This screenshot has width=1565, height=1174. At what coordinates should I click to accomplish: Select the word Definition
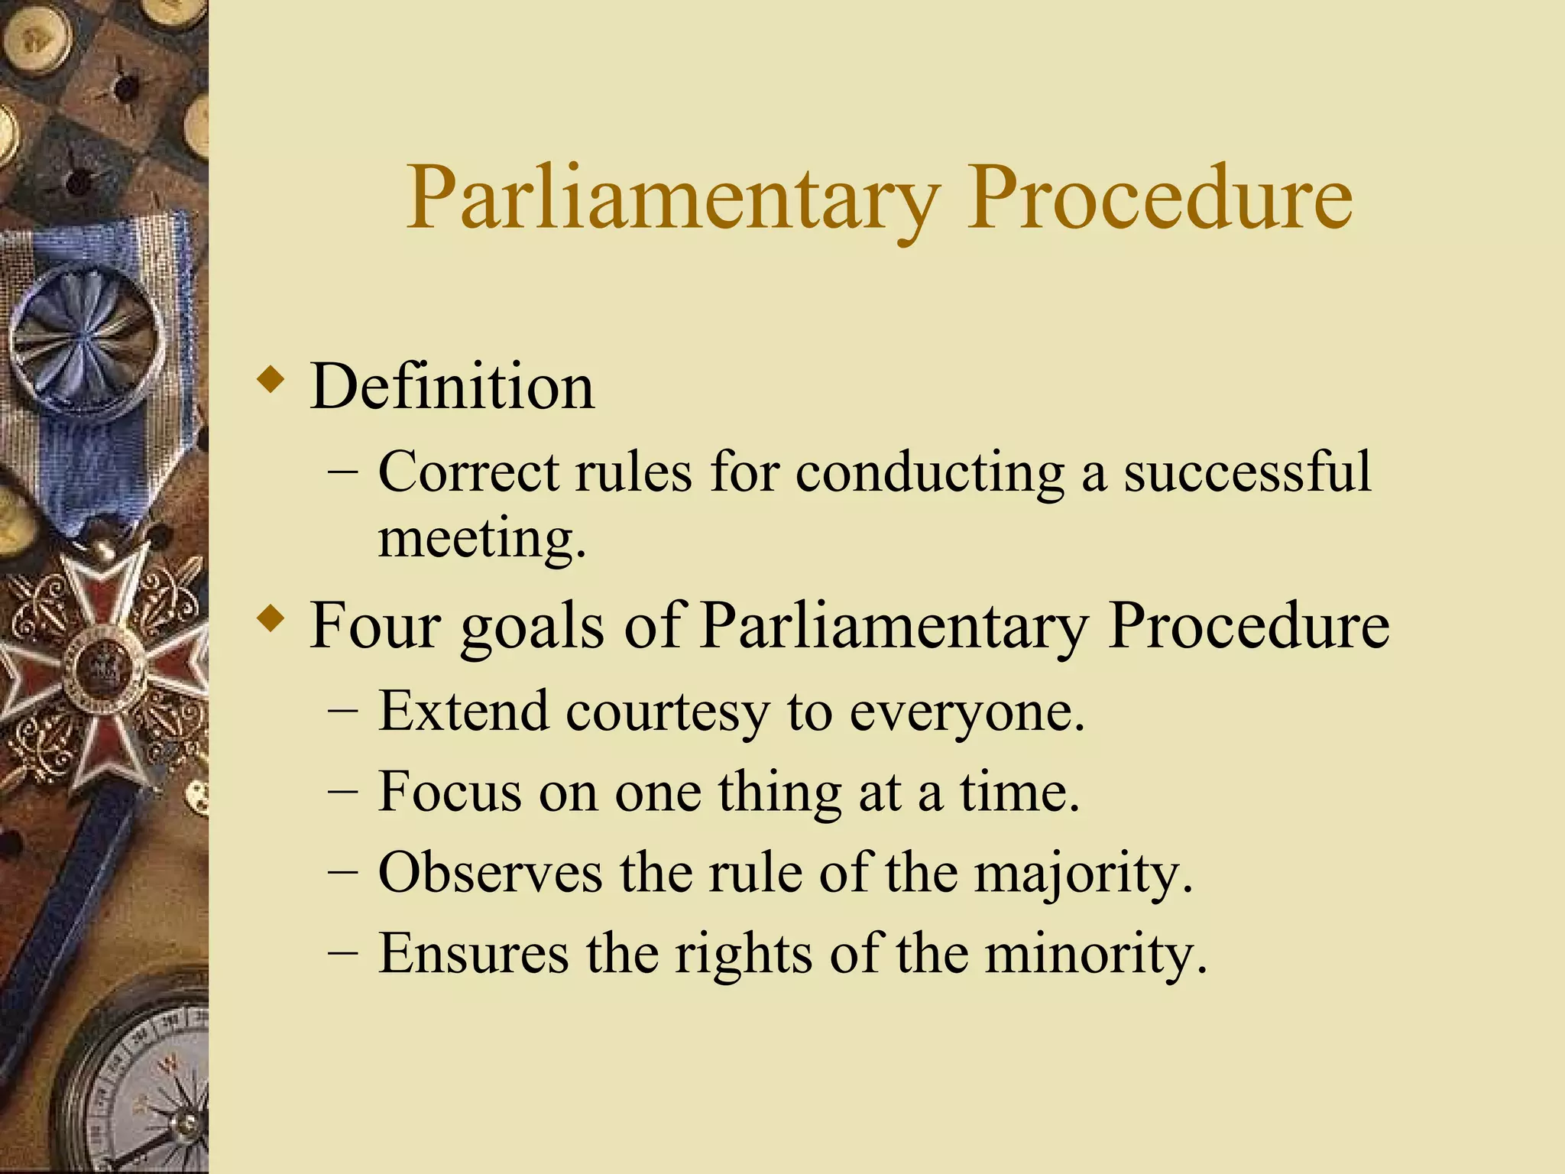[x=452, y=388]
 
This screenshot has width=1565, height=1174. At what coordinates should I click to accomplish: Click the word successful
[x=1247, y=472]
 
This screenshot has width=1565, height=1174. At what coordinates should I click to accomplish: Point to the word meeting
[x=481, y=538]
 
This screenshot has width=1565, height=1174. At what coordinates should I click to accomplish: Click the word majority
[x=1082, y=873]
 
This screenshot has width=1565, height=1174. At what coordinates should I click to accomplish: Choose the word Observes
[x=490, y=873]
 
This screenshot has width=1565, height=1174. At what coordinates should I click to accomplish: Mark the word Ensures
[x=474, y=954]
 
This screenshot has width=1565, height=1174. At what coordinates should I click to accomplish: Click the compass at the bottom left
[x=145, y=1085]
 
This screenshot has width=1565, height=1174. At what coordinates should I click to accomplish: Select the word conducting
[x=929, y=472]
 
